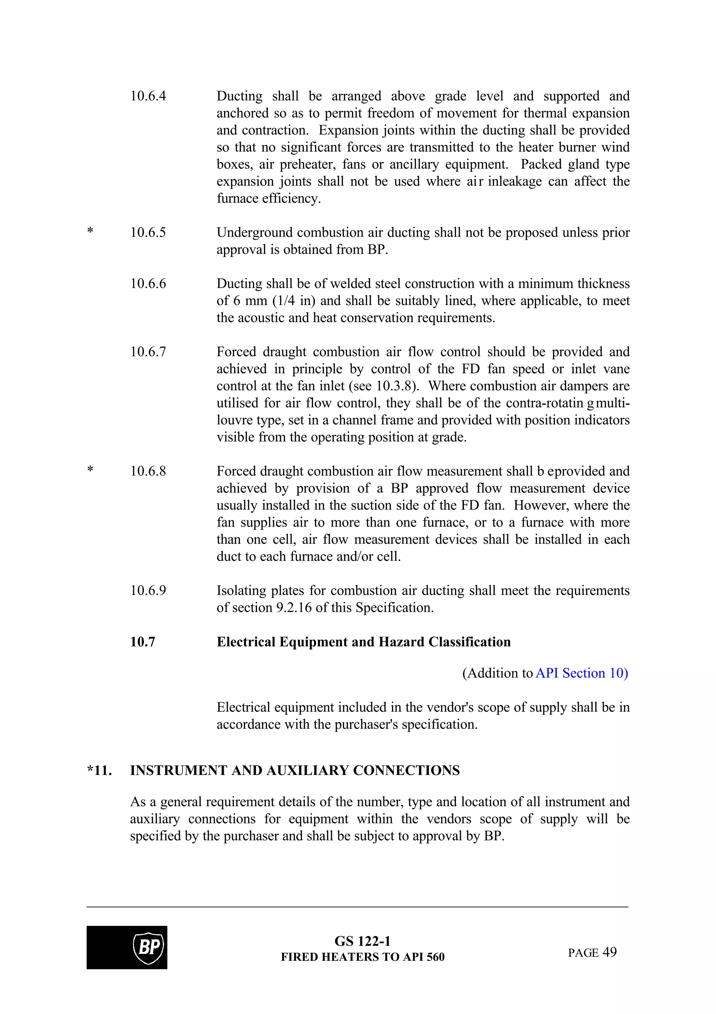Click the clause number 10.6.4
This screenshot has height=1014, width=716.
(148, 96)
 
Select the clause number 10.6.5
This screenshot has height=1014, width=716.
(148, 233)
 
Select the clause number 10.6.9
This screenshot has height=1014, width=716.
(148, 591)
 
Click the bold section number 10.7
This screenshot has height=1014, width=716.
(143, 642)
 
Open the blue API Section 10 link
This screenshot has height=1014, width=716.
(581, 674)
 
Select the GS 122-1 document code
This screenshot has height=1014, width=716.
(362, 942)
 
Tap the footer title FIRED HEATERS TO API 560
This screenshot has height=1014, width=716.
(363, 957)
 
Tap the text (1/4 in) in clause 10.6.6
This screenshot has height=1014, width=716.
(294, 301)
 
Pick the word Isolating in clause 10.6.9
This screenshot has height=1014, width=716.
(241, 591)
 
